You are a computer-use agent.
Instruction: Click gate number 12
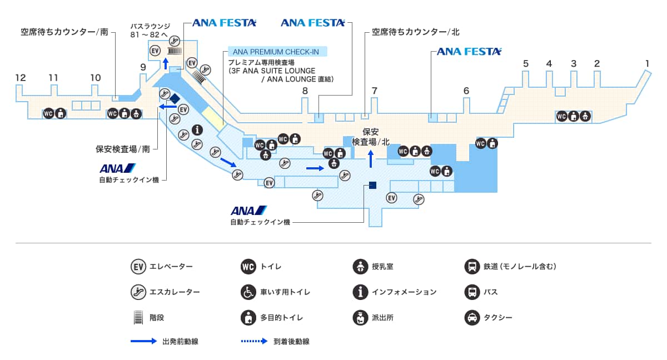coord(21,78)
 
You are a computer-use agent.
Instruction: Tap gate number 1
coord(647,63)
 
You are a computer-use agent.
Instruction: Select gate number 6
coord(466,91)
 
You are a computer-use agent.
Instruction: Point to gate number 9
coord(143,67)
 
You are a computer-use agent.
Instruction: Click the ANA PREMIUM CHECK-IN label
coord(276,52)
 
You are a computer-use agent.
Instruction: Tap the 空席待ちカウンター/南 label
coord(64,32)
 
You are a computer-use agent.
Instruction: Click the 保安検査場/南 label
coord(123,149)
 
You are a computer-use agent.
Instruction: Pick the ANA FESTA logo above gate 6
coord(469,52)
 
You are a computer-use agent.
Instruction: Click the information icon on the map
coord(197,130)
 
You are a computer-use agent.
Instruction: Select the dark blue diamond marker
coord(175,98)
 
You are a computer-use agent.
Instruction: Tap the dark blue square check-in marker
coord(372,185)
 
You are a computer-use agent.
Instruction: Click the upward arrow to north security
coord(371,158)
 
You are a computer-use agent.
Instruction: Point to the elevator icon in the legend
coord(138,267)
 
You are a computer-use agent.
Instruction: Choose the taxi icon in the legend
coord(472,318)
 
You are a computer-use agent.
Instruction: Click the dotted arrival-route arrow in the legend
coord(254,341)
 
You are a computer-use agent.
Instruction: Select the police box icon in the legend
coord(360,318)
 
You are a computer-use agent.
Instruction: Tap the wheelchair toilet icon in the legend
coord(248,292)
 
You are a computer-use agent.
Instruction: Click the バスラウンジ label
coord(150,26)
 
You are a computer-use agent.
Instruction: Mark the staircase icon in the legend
coord(138,318)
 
